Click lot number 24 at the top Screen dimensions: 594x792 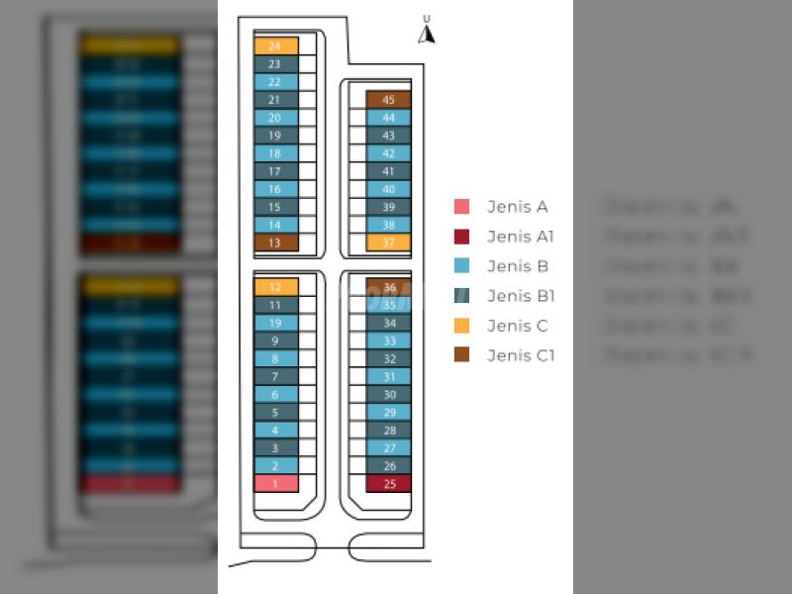click(275, 46)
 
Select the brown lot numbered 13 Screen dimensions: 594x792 click(275, 243)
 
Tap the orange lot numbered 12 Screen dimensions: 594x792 click(275, 287)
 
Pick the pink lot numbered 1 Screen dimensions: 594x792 click(275, 483)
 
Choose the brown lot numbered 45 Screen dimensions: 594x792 click(388, 99)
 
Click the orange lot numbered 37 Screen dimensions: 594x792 click(388, 243)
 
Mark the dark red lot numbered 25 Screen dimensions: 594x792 click(388, 483)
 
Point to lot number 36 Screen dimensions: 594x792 click(388, 287)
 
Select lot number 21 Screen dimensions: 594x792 click(275, 99)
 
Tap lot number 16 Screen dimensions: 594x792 click(275, 189)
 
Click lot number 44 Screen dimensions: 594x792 click(388, 117)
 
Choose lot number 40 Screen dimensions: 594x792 click(388, 189)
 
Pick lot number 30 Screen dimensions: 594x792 click(388, 394)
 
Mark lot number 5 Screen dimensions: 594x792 click(275, 412)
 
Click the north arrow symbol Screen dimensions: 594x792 click(427, 33)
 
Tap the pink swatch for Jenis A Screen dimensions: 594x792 click(461, 207)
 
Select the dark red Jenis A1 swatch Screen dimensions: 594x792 click(461, 237)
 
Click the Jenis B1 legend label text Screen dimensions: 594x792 click(521, 296)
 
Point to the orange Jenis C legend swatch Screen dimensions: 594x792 click(461, 326)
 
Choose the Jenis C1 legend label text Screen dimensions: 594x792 click(521, 355)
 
